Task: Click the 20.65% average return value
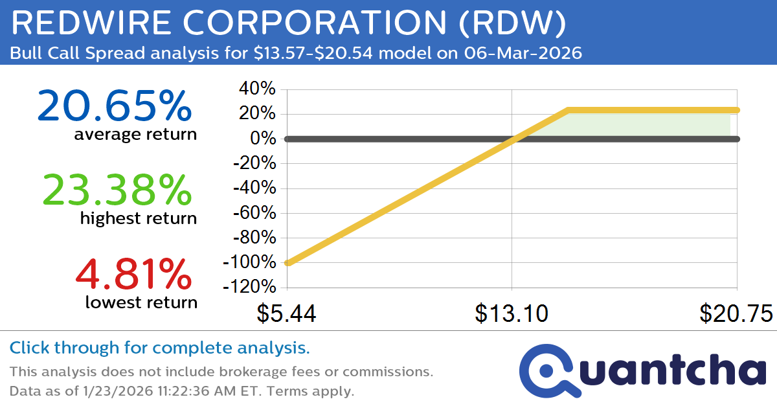[115, 106]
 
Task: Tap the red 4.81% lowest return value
[133, 274]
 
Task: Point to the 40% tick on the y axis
[258, 89]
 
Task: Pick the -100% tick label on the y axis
[249, 263]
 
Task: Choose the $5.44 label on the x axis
[286, 314]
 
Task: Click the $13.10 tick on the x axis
[512, 314]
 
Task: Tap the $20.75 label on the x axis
[736, 314]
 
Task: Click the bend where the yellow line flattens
[568, 110]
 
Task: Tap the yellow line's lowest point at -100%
[287, 263]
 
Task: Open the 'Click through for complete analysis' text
[160, 348]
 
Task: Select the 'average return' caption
[135, 134]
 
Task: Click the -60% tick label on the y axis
[254, 213]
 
